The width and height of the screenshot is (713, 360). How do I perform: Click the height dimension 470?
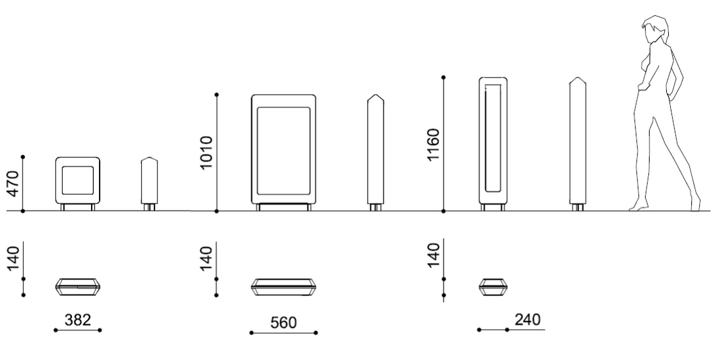(14, 184)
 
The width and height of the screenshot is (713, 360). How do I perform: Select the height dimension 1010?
(206, 153)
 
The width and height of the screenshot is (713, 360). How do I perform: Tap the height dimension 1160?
(433, 145)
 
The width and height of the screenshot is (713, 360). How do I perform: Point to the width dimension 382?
(78, 320)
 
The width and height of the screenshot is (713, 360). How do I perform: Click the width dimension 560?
(283, 323)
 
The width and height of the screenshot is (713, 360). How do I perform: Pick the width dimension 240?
(527, 320)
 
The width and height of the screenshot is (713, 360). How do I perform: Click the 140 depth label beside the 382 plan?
(14, 258)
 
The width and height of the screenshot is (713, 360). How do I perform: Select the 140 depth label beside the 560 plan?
(206, 258)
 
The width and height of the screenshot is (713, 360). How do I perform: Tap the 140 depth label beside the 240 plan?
(433, 256)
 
